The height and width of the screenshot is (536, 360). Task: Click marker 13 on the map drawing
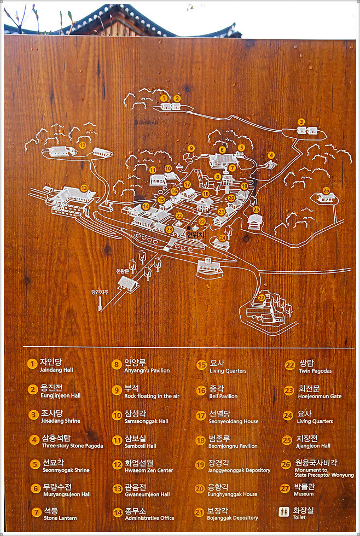point(84,188)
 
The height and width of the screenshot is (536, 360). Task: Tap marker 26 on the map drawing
point(326,190)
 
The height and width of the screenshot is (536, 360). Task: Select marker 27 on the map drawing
point(262,297)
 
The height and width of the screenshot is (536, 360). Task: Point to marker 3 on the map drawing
point(301,121)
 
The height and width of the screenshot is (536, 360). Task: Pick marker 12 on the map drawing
point(83,145)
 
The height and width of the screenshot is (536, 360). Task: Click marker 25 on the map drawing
point(256,209)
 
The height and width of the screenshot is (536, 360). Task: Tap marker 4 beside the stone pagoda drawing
point(271,155)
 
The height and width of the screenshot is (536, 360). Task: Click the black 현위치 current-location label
point(195,235)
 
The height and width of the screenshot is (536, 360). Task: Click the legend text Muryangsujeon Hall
point(65,494)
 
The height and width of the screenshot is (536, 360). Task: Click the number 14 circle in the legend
point(117,513)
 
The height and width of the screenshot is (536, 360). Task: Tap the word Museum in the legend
point(304,494)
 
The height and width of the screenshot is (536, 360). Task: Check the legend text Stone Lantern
point(60,518)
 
